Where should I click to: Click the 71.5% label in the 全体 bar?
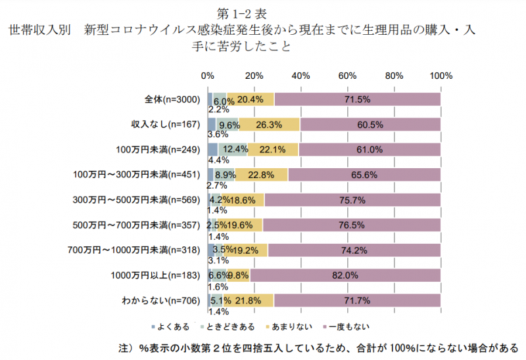358,99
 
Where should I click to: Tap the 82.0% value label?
345,275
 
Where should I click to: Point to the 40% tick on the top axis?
300,76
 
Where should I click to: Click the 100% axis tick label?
440,76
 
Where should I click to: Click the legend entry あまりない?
287,326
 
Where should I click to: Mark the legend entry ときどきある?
226,326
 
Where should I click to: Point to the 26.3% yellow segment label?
270,124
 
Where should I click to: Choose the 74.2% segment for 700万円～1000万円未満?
354,250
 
